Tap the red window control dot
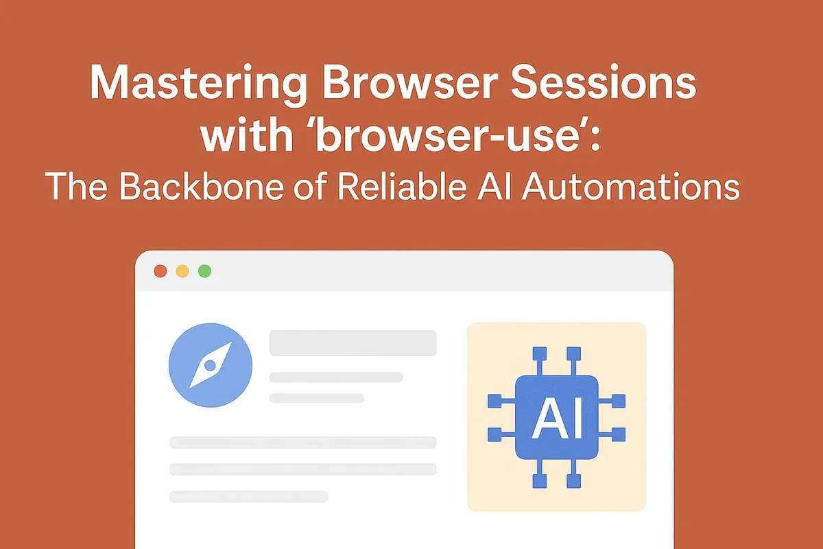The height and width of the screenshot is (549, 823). click(160, 271)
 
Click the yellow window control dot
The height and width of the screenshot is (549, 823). click(182, 271)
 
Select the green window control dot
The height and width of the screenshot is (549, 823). click(204, 271)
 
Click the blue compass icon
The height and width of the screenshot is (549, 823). click(210, 365)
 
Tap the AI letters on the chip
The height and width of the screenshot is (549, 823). click(556, 417)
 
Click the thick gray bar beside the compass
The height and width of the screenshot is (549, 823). click(353, 343)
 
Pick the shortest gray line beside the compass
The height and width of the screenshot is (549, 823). click(316, 398)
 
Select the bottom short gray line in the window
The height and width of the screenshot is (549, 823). click(248, 495)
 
